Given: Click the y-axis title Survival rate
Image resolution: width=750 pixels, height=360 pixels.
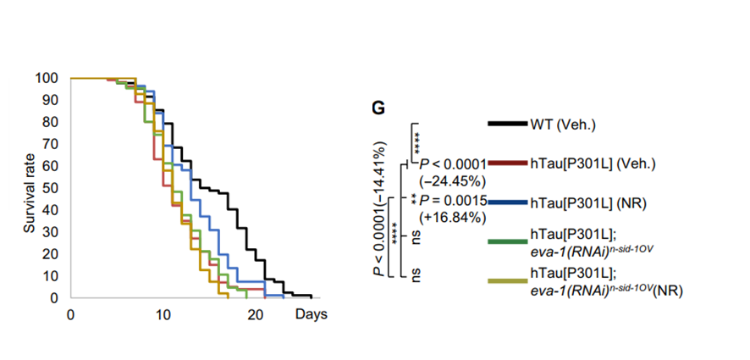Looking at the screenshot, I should [x=29, y=188].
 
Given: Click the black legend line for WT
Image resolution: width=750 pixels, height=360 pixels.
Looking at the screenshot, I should [x=508, y=124].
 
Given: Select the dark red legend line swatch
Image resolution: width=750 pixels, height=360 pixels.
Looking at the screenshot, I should [x=508, y=163].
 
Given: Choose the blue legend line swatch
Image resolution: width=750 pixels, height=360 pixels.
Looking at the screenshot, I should [x=508, y=202].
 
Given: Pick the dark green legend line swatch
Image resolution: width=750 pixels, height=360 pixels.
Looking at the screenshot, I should [x=508, y=242].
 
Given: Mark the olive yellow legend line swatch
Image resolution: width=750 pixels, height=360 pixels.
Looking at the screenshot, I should [x=508, y=280].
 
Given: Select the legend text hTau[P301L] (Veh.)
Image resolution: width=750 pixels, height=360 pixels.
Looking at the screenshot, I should [x=587, y=163].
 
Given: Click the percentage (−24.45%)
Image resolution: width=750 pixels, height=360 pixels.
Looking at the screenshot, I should [x=450, y=180].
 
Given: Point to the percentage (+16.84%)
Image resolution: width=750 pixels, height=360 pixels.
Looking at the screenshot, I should [x=450, y=218].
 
